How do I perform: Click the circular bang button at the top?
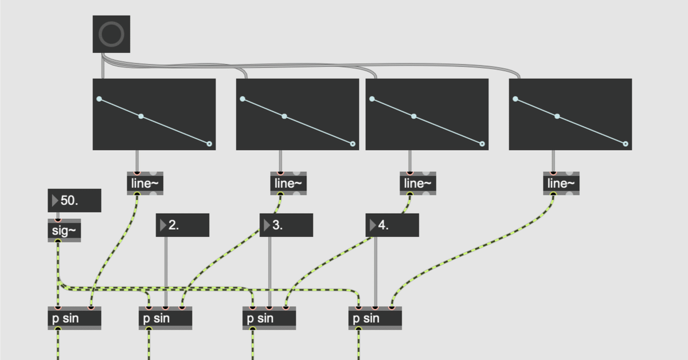[x=111, y=34]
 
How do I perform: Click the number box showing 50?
[x=75, y=201]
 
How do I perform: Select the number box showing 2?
[x=182, y=225]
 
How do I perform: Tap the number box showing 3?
[x=286, y=225]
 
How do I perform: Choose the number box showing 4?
[x=392, y=225]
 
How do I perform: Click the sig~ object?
[x=64, y=230]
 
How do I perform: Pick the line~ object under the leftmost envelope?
[x=145, y=183]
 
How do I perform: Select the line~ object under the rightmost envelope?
[x=561, y=183]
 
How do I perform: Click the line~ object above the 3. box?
[x=288, y=183]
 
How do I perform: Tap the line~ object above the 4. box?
[x=418, y=183]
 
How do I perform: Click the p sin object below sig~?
[x=74, y=318]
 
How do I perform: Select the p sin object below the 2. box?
[x=165, y=318]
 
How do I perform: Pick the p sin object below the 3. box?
[x=269, y=318]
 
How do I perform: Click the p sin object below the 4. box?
[x=375, y=318]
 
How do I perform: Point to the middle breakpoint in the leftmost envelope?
[x=140, y=116]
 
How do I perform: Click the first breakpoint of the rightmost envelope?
[x=515, y=99]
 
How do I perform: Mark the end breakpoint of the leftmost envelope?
[x=209, y=144]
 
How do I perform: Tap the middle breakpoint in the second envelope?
[x=284, y=116]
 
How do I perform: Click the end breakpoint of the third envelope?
[x=482, y=144]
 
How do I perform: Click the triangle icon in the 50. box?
[x=55, y=201]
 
